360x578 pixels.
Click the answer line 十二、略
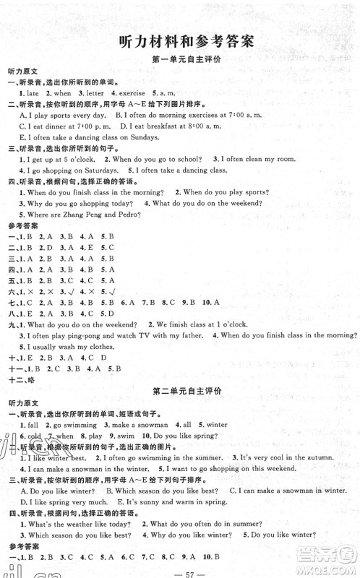point(25,370)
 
